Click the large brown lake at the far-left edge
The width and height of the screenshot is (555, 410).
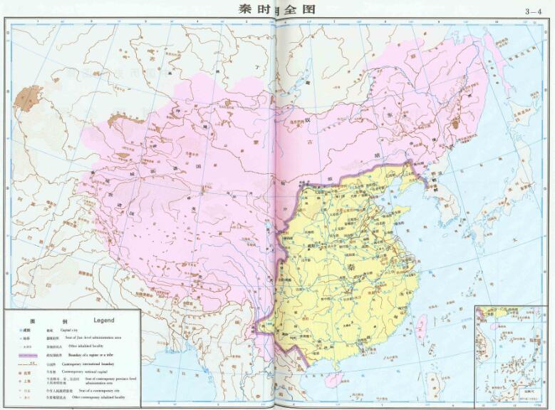tap(29, 98)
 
